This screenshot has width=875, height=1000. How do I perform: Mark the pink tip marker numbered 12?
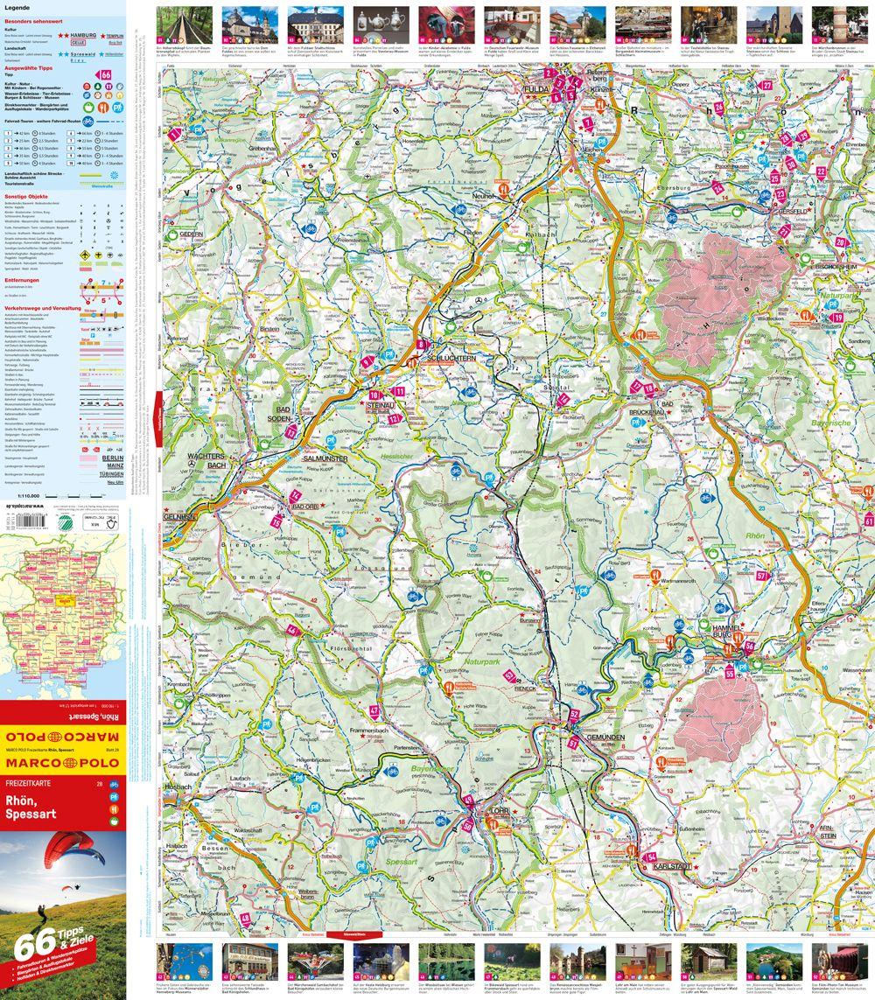coord(393,419)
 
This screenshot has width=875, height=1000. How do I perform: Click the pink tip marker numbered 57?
coord(761,576)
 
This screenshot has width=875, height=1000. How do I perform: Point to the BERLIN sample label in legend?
coord(112,458)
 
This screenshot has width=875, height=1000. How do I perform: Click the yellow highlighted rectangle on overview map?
coord(64,600)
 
